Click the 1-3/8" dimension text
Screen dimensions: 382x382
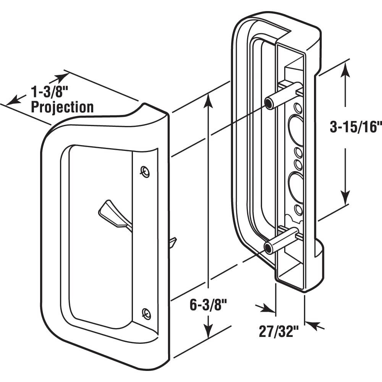(x=49, y=92)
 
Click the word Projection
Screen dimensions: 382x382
(x=62, y=107)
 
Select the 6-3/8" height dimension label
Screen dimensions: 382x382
(x=209, y=305)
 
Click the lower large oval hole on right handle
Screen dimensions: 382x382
(x=296, y=187)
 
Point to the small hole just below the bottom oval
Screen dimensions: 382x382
(x=298, y=210)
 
